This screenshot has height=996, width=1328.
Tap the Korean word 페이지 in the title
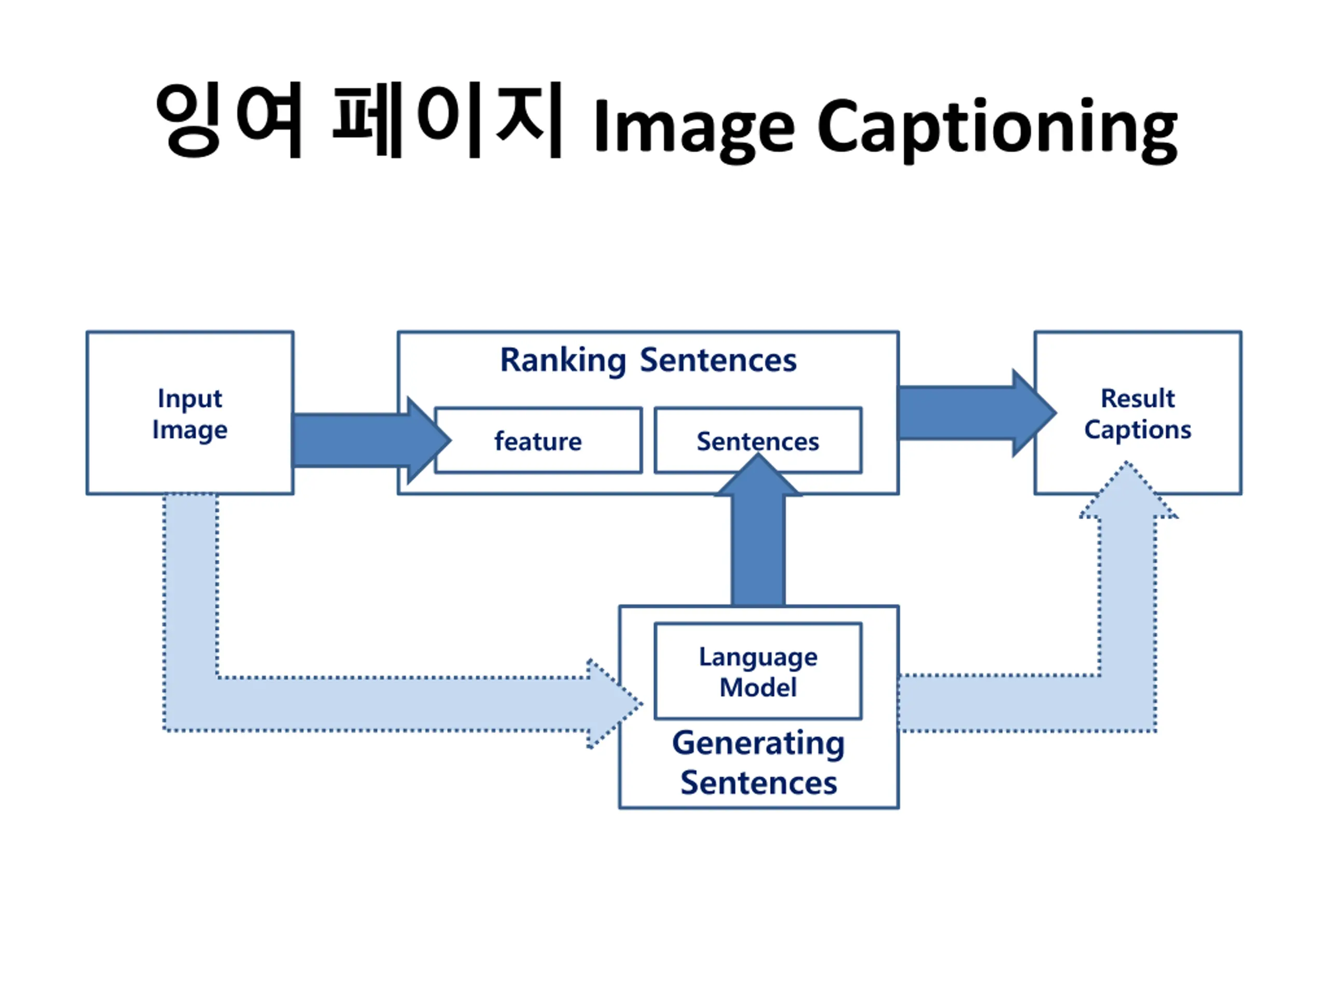447,120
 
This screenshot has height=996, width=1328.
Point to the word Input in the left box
190,398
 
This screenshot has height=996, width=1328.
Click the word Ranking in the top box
563,360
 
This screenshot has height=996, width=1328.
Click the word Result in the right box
1137,398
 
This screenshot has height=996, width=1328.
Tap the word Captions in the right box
1137,430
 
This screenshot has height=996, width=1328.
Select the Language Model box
758,671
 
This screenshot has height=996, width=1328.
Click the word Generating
758,743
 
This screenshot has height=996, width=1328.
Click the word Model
758,687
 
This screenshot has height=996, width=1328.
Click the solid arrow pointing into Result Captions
973,413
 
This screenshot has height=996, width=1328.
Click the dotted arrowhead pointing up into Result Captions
1127,492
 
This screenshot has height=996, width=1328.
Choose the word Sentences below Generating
758,783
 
